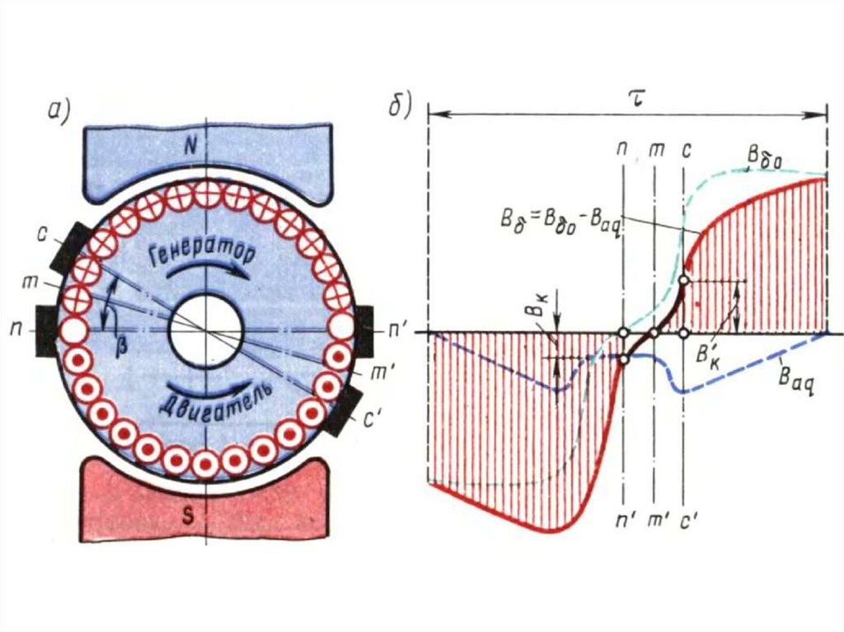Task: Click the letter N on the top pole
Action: coord(190,148)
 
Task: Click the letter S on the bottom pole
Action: coord(189,517)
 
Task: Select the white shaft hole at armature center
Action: coord(205,331)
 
